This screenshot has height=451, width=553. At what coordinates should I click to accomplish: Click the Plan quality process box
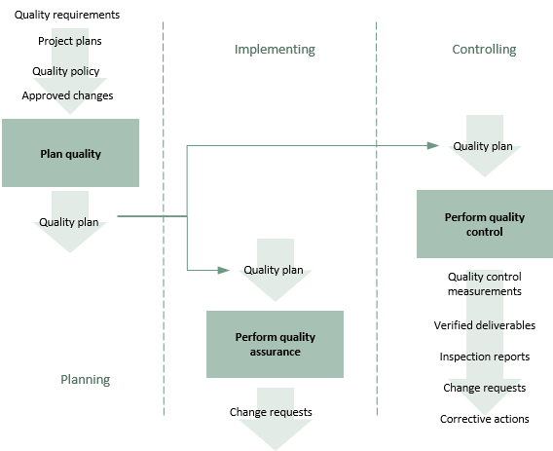pyautogui.click(x=70, y=153)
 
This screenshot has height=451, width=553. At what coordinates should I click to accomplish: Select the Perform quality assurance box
pyautogui.click(x=275, y=344)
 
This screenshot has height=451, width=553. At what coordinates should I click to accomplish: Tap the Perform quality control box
pyautogui.click(x=485, y=224)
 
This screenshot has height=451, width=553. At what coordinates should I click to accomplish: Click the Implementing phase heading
pyautogui.click(x=275, y=50)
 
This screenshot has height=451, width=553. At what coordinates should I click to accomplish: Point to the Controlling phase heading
pyautogui.click(x=484, y=49)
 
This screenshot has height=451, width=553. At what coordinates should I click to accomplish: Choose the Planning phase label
pyautogui.click(x=86, y=380)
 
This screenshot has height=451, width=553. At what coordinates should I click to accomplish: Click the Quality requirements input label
pyautogui.click(x=67, y=15)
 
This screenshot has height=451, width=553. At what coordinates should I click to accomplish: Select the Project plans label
pyautogui.click(x=70, y=41)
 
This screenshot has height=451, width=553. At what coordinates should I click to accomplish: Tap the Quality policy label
pyautogui.click(x=66, y=71)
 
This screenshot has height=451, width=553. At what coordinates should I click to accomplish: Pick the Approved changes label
pyautogui.click(x=67, y=95)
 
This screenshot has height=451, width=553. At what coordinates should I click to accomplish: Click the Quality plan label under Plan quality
pyautogui.click(x=69, y=222)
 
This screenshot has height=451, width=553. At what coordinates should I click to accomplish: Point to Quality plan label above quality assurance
pyautogui.click(x=274, y=270)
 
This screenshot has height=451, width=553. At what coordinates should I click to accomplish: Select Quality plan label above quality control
pyautogui.click(x=483, y=146)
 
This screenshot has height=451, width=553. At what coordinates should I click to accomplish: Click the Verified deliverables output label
pyautogui.click(x=485, y=325)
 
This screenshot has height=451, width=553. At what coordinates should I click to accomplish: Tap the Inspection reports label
pyautogui.click(x=485, y=357)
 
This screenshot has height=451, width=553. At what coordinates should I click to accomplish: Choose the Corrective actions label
pyautogui.click(x=485, y=419)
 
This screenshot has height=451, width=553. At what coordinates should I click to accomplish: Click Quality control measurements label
pyautogui.click(x=485, y=283)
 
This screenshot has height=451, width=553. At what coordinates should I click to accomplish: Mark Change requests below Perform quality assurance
pyautogui.click(x=271, y=412)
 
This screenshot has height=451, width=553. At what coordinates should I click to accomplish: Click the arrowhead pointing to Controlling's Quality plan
pyautogui.click(x=432, y=145)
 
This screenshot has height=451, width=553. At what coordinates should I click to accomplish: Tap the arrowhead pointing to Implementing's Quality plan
pyautogui.click(x=224, y=271)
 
